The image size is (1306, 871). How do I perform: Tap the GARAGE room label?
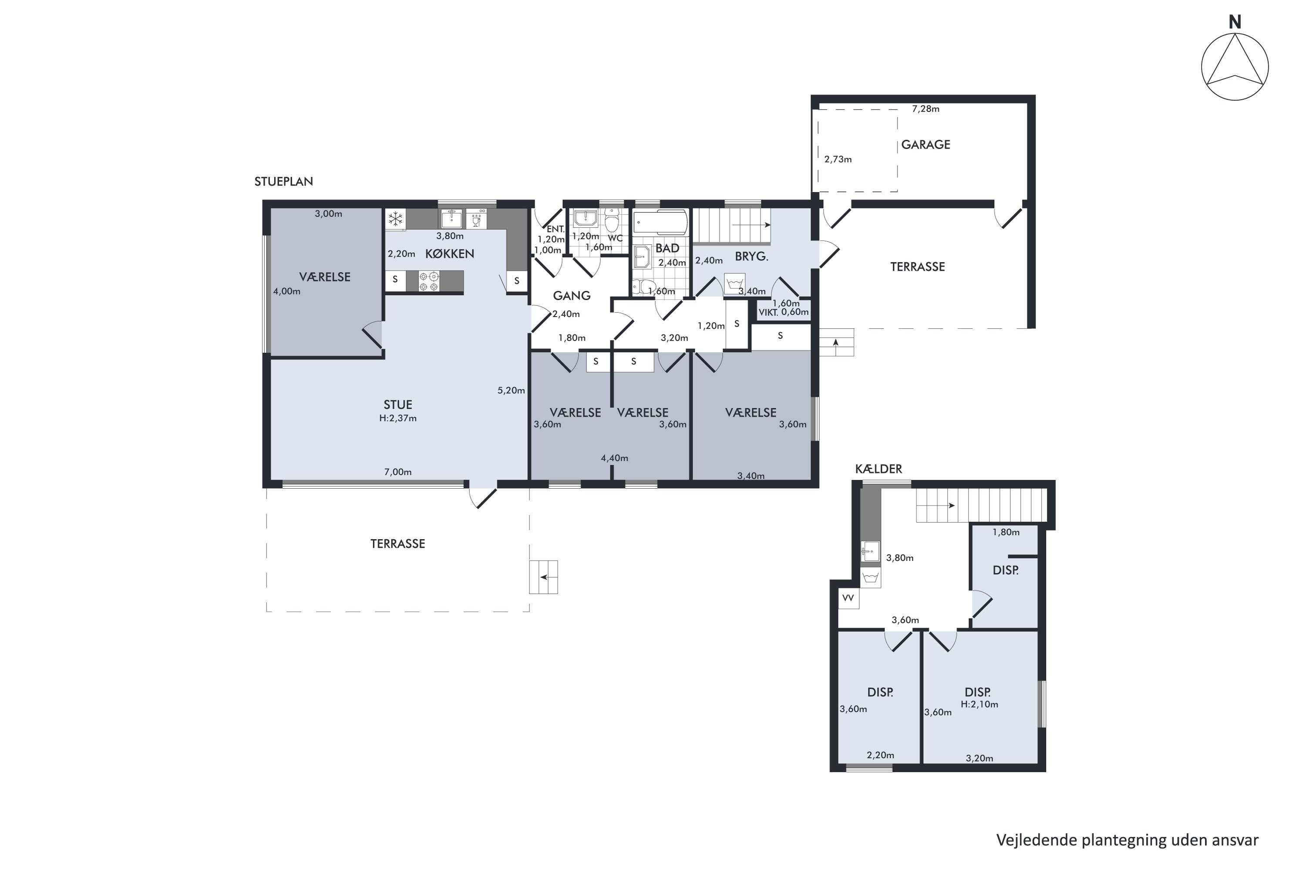[926, 145]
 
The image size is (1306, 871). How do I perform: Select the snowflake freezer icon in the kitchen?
[395, 219]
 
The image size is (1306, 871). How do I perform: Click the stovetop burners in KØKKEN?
[429, 281]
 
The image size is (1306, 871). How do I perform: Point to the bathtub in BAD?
[660, 222]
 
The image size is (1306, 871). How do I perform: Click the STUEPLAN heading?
[284, 182]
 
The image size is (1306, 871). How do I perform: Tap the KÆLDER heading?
[879, 469]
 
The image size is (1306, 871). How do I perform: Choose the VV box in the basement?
[848, 598]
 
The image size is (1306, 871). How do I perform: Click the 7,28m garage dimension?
[926, 109]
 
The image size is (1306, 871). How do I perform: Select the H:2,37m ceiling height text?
[397, 418]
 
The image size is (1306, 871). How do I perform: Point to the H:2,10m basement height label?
[979, 704]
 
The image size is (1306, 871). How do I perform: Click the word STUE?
[397, 405]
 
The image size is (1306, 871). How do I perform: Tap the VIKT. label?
[768, 313]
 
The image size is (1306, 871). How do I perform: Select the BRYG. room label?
[751, 257]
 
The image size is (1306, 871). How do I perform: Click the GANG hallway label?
[571, 296]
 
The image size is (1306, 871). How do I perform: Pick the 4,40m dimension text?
[614, 458]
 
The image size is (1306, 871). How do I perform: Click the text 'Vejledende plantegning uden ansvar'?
[1127, 841]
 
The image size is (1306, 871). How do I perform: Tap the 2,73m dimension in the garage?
[838, 159]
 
